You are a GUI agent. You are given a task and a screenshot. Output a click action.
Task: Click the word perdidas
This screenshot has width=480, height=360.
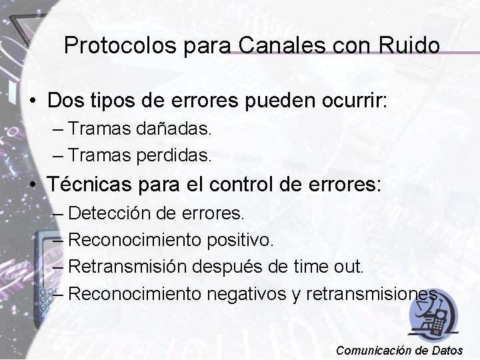click(175, 156)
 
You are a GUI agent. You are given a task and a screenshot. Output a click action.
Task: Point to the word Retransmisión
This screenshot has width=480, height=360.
click(129, 266)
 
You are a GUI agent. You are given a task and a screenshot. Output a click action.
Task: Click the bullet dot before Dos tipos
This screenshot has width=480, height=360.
click(33, 101)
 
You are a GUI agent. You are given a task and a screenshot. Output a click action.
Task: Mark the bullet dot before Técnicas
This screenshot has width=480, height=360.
click(33, 185)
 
